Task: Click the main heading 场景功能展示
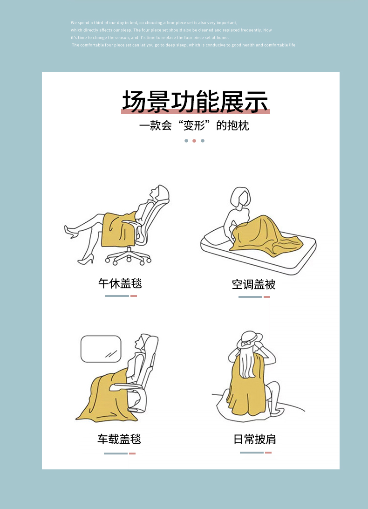point(195,102)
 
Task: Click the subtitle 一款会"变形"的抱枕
point(194,126)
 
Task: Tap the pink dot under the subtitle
point(194,141)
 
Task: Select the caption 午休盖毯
point(120,283)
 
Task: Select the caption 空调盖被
point(253,284)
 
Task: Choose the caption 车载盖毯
point(119,439)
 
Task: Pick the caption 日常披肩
point(255,439)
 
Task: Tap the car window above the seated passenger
point(101,349)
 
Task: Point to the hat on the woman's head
point(249,339)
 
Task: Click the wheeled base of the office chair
point(128,256)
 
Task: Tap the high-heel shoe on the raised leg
point(71,232)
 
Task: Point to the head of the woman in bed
point(240,196)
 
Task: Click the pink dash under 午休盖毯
point(134,296)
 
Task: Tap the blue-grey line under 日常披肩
point(252,453)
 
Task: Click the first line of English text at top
point(154,23)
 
